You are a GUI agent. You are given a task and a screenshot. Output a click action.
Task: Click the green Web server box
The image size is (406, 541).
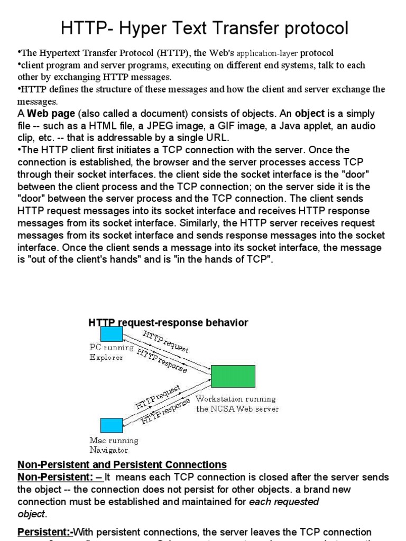(233, 376)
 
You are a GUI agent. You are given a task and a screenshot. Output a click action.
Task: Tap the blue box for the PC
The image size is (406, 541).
(112, 334)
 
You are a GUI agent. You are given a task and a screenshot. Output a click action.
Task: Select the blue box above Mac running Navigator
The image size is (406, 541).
(111, 425)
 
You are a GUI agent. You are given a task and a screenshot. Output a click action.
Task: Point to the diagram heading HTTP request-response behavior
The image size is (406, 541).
(168, 322)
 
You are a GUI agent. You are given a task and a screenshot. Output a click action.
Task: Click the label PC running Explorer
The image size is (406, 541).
(111, 352)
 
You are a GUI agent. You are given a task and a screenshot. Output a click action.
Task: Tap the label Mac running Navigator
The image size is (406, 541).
(114, 445)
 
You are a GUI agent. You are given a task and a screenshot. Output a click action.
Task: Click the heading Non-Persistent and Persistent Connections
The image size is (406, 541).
(122, 465)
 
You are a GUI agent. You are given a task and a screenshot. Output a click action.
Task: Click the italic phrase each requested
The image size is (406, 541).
(284, 501)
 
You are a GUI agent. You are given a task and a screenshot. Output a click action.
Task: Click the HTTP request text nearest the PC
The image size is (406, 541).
(165, 340)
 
